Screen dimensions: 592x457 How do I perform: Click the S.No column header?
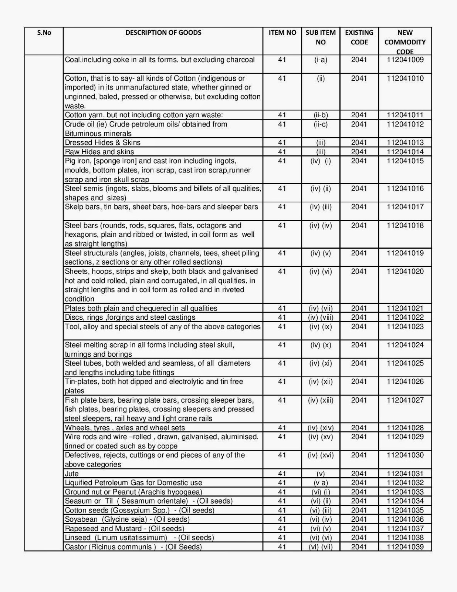44,33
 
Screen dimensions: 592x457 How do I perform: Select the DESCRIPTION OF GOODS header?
163,33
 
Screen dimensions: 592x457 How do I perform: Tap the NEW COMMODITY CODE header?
405,42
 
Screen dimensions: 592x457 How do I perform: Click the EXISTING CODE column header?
359,37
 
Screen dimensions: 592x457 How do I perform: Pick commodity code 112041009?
405,60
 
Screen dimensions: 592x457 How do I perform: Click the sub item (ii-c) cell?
321,124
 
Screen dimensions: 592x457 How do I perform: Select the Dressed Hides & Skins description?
103,142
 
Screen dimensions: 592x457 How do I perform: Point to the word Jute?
72,474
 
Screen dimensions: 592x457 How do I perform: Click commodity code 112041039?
405,547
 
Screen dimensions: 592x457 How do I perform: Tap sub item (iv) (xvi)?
321,455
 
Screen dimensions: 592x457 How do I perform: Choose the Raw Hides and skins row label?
99,152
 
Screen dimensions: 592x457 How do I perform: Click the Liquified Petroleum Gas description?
133,482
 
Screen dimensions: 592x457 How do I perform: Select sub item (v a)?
321,482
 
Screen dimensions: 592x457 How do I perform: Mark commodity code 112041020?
405,272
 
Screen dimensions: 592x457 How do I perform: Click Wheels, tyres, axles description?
125,428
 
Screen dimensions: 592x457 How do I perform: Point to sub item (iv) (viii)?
321,317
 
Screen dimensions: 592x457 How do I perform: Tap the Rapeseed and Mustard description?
124,528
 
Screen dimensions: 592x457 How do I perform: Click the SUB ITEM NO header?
321,37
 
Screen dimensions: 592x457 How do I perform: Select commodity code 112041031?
405,474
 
